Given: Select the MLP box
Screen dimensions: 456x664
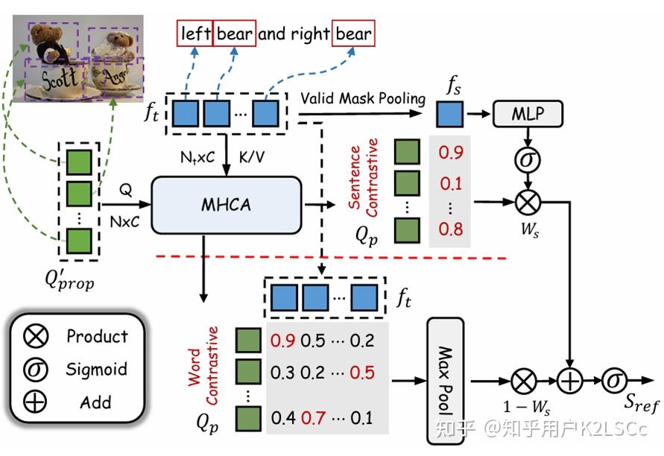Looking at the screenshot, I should point(528,113).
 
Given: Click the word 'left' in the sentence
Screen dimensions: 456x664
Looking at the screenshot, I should point(195,33).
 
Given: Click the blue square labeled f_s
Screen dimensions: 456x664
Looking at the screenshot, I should point(449,115).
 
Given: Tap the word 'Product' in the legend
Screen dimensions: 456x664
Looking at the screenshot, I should point(97,336).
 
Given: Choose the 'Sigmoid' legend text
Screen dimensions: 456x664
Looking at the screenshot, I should point(97,369).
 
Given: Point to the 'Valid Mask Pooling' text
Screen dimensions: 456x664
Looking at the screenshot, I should point(363,98).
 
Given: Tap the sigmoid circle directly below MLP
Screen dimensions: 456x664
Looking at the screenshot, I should point(528,159).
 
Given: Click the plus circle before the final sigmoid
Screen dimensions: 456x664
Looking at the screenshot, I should point(570,381).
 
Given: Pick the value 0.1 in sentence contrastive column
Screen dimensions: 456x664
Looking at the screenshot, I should point(450,183).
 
